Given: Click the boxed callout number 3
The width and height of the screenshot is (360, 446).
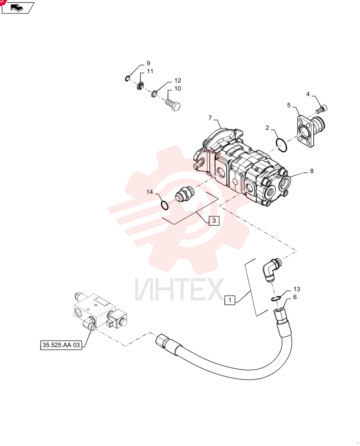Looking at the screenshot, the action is pos(214,220).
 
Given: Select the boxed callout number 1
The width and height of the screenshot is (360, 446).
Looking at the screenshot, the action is pos(230,300).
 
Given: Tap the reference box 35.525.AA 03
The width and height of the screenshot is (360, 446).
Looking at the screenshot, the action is pos(61,345).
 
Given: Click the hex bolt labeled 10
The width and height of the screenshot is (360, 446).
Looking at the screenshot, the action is pos(173,104).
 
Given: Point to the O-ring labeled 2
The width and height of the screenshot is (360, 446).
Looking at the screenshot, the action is pos(282,145).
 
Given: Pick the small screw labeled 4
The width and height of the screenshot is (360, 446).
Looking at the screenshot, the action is pos(322,109).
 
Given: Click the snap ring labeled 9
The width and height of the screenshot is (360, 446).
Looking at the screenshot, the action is pos(127,78).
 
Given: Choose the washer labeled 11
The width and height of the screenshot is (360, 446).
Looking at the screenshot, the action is pos(141,85).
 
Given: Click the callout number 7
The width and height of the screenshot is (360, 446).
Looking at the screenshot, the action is pos(210,118).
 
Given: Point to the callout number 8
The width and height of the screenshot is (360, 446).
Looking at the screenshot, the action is pos(312,171).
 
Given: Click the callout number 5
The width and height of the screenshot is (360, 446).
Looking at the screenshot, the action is pos(289,105).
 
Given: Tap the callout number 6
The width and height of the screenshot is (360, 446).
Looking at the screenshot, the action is pos(295,297).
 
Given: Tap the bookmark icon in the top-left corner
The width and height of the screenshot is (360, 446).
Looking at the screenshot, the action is pos(18,8).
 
